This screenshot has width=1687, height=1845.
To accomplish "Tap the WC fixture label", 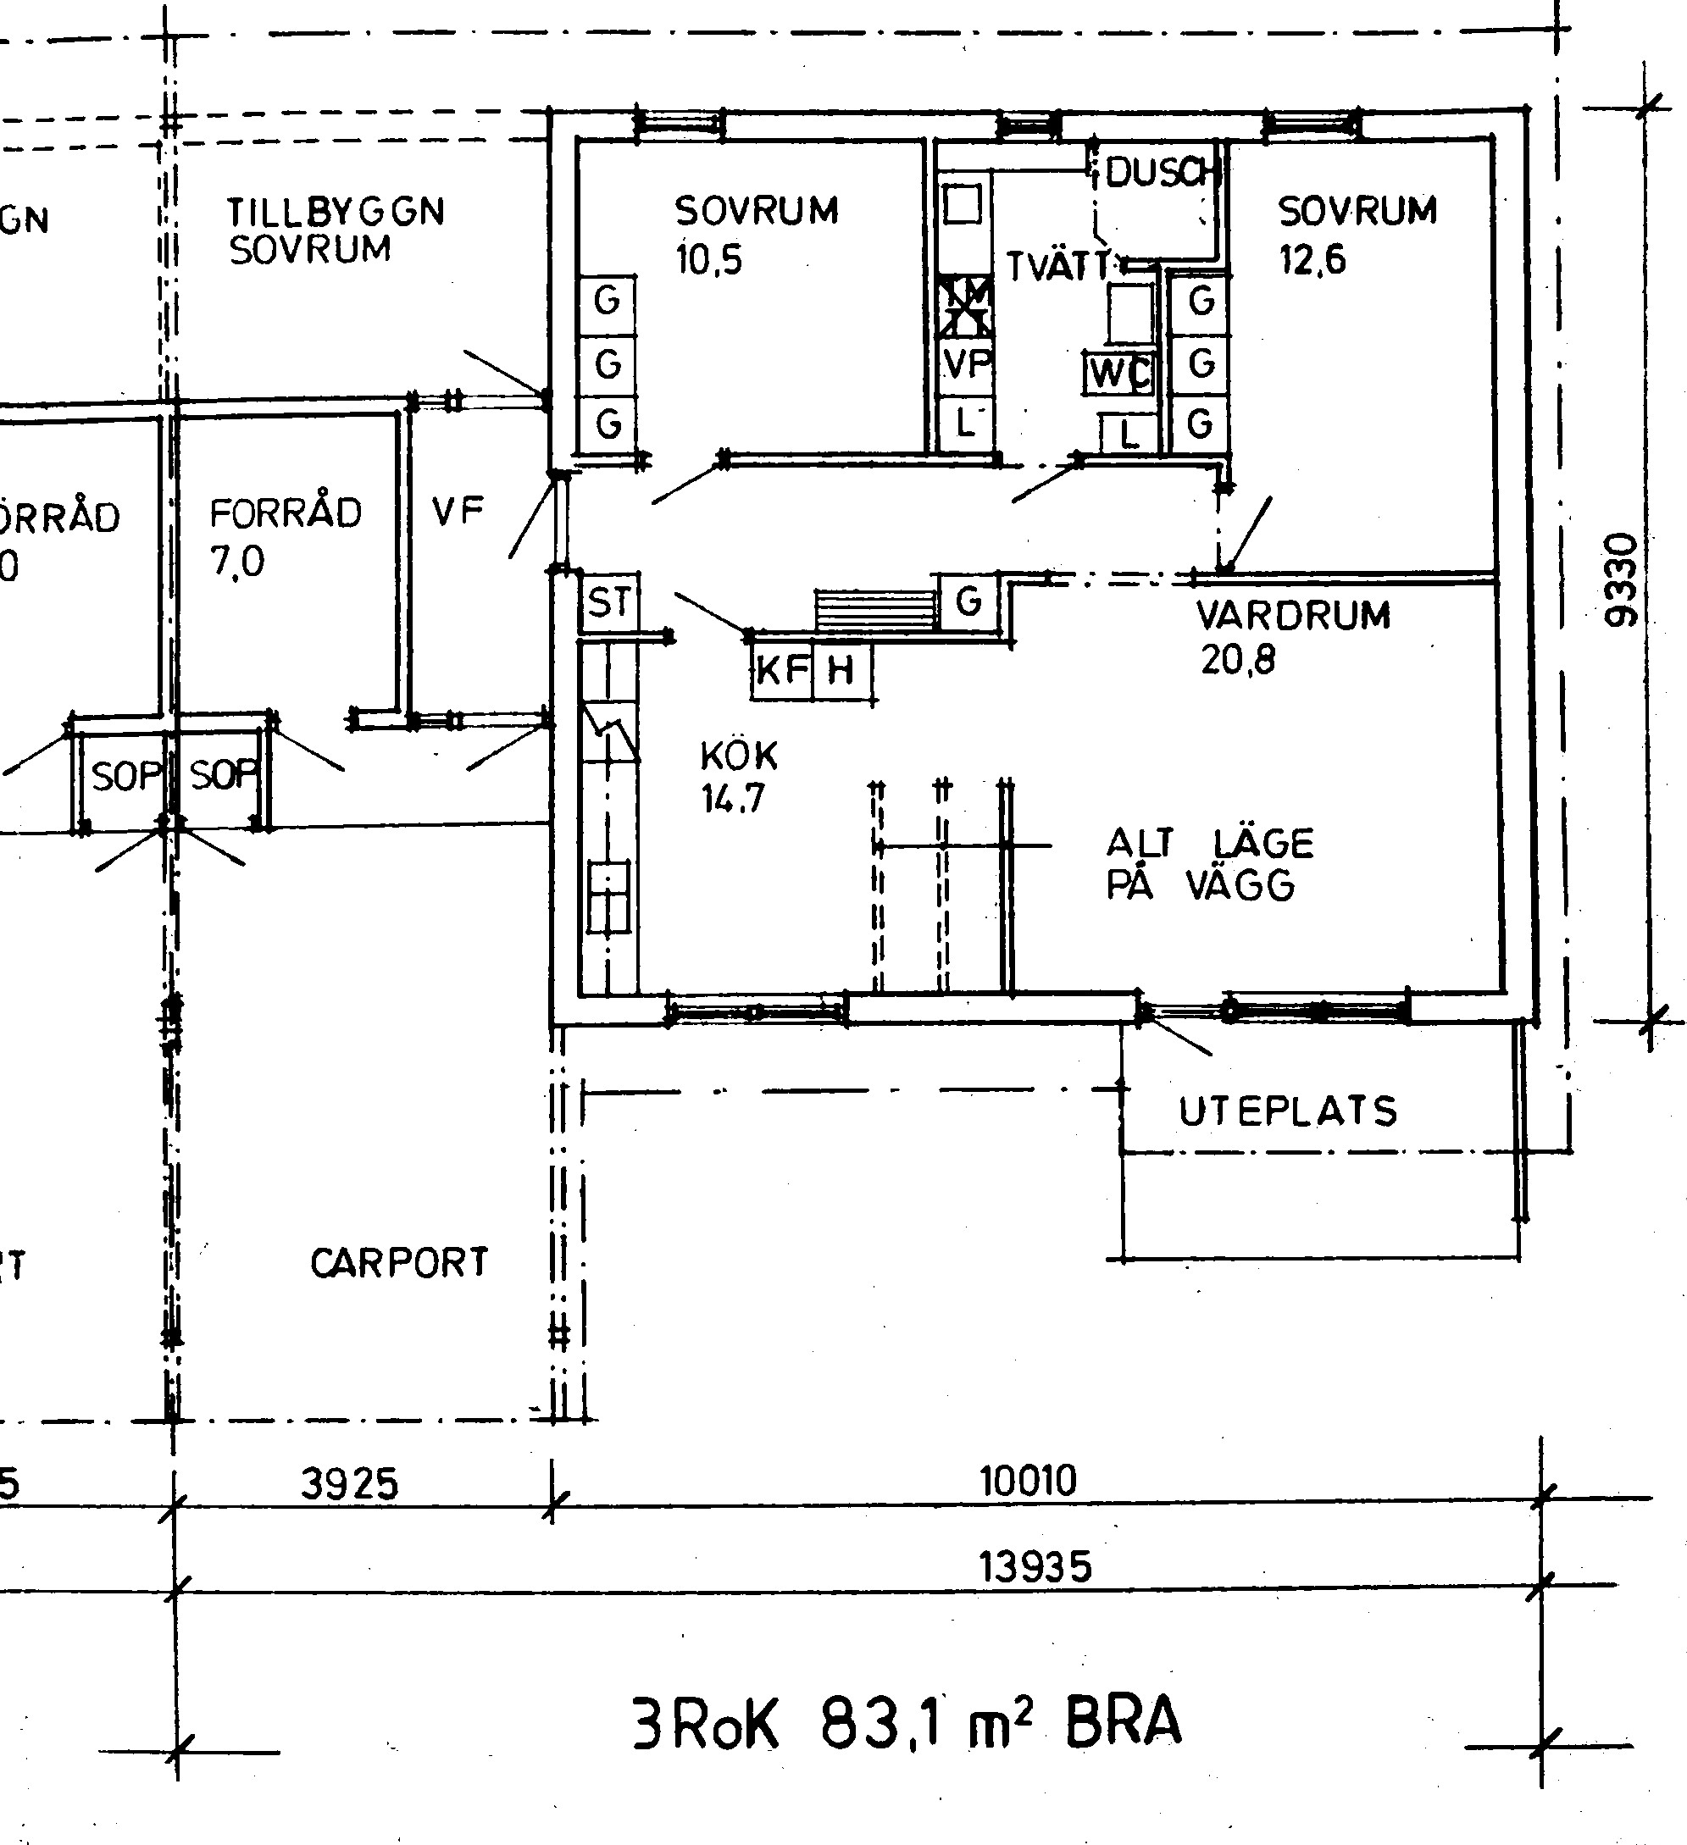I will point(1119,373).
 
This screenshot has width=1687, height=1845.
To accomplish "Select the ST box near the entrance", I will point(609,602).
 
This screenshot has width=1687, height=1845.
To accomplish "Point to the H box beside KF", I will point(841,672).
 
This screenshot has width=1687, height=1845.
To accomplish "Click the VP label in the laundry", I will point(968,364).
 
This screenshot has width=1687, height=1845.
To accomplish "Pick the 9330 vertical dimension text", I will point(1621,579).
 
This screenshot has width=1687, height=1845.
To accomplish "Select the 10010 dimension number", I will point(1028,1480).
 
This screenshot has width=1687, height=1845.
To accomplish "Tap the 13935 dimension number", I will point(1035,1567).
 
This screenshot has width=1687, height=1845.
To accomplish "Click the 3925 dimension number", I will point(350,1483).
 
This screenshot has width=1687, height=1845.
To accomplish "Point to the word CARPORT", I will point(399,1263).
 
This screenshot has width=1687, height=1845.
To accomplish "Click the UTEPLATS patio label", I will point(1288,1111).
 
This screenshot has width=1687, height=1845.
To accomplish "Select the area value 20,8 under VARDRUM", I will point(1238,659).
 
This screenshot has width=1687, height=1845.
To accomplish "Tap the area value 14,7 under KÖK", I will point(732,799).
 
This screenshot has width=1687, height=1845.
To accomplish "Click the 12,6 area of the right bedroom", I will point(1312,260).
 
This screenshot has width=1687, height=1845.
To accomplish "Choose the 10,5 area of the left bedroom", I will point(708,260).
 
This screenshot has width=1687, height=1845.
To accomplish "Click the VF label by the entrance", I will point(458,512).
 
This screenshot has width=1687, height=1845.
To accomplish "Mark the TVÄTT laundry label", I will point(1058,266).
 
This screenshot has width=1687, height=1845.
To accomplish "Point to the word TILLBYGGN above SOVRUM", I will point(336,213).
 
